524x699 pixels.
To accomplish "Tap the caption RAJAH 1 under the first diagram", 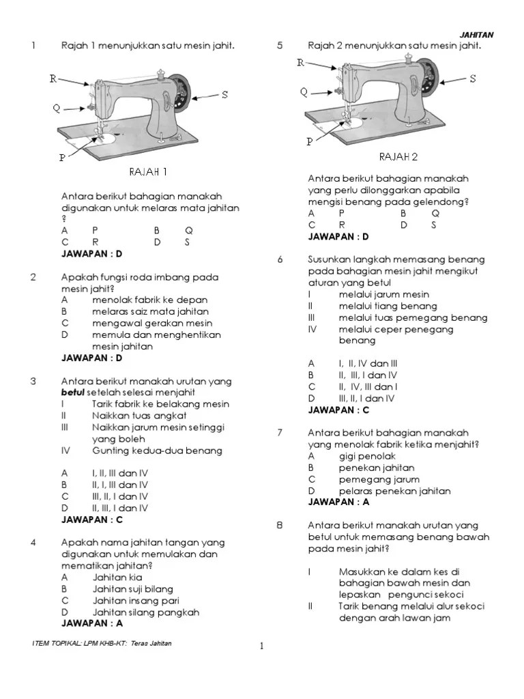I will [148, 171].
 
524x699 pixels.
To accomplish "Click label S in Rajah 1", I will [224, 95].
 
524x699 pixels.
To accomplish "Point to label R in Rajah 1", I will [53, 79].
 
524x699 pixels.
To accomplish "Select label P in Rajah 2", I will [309, 142].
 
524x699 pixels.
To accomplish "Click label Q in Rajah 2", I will [304, 92].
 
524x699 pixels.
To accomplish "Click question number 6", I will [280, 260].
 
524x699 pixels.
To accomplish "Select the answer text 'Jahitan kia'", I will [117, 577].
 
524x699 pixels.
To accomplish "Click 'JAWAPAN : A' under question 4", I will [92, 623].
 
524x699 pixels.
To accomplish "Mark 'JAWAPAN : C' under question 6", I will [338, 410].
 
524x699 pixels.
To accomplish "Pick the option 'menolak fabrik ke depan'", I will [150, 300].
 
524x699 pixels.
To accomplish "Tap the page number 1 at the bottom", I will [262, 647].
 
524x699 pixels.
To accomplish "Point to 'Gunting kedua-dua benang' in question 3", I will [156, 451].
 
